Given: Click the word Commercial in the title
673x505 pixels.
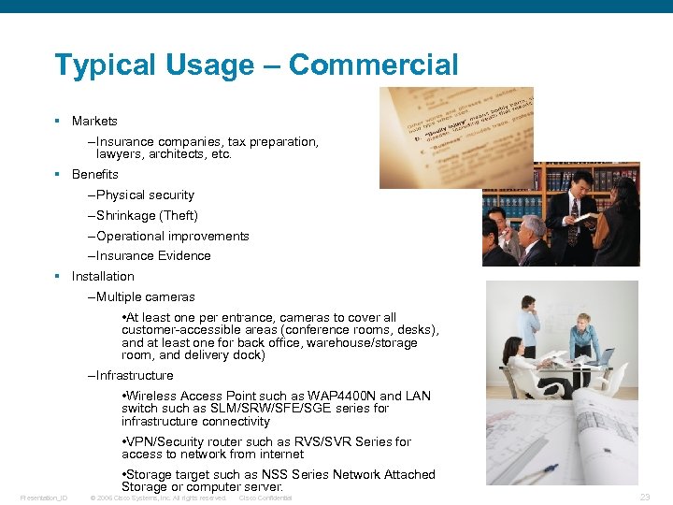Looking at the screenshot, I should click(374, 65).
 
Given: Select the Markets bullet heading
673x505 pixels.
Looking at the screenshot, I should click(94, 121).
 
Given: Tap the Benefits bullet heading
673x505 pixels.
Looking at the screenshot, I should click(94, 174).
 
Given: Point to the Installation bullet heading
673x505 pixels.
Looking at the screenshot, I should click(103, 276).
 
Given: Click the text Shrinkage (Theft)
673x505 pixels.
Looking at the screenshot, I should click(147, 215).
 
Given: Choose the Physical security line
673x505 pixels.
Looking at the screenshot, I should click(145, 195).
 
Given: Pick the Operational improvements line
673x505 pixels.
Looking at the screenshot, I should click(172, 236).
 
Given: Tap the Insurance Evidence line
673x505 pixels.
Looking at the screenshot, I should click(153, 255).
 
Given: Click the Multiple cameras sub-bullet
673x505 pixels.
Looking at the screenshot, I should click(145, 296).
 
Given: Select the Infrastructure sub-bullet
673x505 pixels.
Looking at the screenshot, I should click(135, 375).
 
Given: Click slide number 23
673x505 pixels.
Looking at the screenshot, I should click(643, 498).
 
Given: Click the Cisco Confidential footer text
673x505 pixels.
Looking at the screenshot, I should click(265, 498).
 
